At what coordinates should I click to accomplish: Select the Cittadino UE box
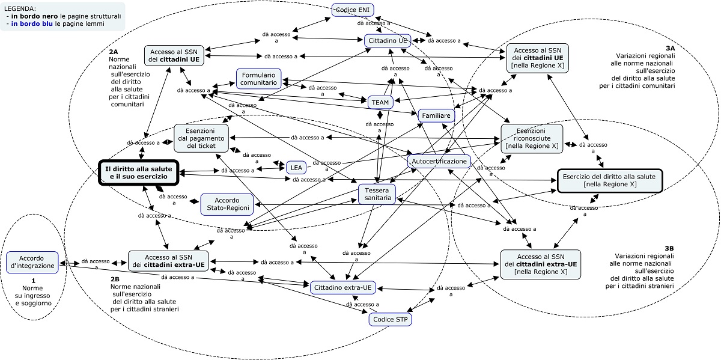pos(388,40)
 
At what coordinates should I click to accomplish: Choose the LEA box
pos(296,168)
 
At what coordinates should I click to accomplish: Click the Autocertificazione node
pos(439,162)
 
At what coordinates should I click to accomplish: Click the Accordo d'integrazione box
pos(32,262)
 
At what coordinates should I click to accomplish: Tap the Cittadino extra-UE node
pos(342,288)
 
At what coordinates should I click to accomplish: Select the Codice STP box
pos(390,320)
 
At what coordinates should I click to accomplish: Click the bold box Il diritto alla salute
pos(139,173)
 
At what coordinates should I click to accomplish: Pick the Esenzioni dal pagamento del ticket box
pos(201,138)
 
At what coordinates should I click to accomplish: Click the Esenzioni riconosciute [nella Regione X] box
pos(532,138)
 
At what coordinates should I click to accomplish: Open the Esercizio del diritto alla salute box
pos(609,180)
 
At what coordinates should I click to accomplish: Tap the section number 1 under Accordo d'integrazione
pos(34,280)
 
